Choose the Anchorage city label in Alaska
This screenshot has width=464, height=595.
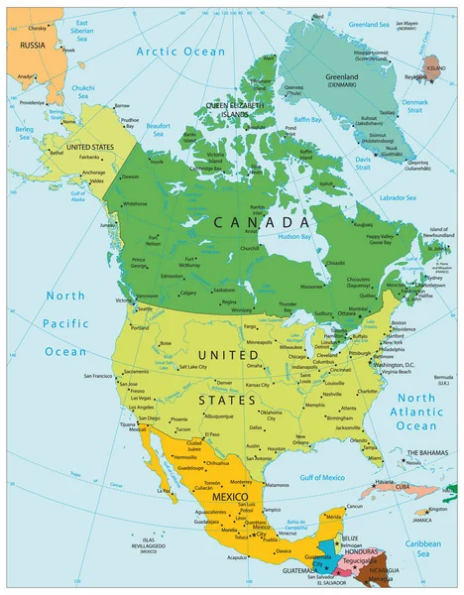[x=93, y=172]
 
